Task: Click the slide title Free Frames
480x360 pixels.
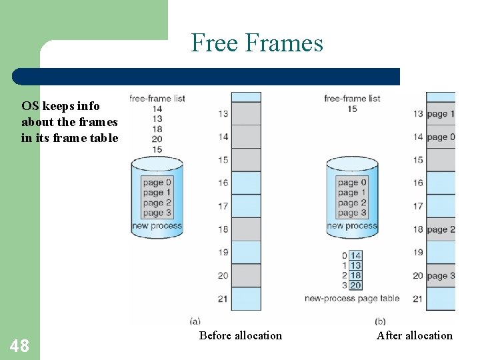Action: click(x=257, y=43)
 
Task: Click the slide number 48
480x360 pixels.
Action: click(x=19, y=345)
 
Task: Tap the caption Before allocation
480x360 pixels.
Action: click(x=240, y=335)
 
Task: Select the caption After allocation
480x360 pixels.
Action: click(x=414, y=335)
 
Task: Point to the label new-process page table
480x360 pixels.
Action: click(x=351, y=298)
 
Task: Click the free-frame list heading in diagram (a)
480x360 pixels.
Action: click(x=157, y=99)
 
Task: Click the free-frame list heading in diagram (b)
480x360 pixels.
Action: click(x=352, y=99)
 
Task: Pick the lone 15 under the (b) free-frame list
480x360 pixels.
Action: click(x=352, y=109)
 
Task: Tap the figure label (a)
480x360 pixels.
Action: click(x=195, y=321)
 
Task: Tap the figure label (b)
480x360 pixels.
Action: click(x=381, y=321)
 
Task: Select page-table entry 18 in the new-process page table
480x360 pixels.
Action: click(x=355, y=275)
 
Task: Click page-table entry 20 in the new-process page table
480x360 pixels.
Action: click(x=355, y=285)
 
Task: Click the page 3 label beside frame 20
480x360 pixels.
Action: click(x=441, y=276)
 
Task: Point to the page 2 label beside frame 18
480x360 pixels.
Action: click(x=441, y=229)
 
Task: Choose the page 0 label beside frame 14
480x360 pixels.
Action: click(x=441, y=137)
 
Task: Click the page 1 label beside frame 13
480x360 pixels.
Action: click(x=441, y=114)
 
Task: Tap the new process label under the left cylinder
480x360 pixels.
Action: click(x=157, y=226)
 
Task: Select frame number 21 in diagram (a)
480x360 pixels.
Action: click(x=222, y=299)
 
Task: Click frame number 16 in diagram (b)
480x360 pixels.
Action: click(x=417, y=183)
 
